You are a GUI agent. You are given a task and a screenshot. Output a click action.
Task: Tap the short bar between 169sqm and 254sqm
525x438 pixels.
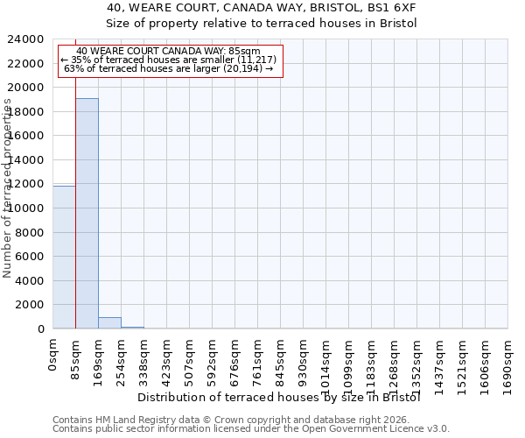click(x=109, y=322)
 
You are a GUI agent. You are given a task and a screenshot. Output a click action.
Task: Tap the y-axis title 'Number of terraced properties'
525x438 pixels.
click(x=8, y=188)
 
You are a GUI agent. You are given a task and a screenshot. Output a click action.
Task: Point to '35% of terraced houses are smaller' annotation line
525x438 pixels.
click(x=171, y=60)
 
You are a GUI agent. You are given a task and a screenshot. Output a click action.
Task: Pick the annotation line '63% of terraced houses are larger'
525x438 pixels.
click(x=171, y=68)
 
